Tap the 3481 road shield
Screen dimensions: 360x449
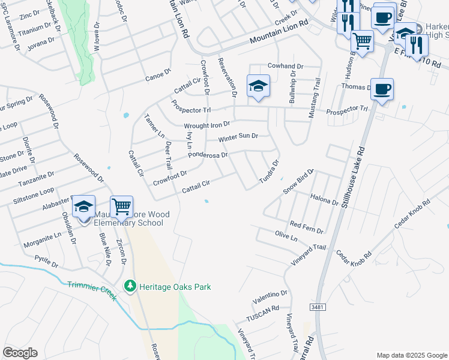click(x=318, y=307)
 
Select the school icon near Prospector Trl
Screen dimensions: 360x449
click(x=258, y=87)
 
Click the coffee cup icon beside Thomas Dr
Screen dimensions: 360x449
click(x=382, y=91)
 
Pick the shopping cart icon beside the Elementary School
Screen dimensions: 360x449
click(x=121, y=207)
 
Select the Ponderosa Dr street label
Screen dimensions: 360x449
click(x=208, y=155)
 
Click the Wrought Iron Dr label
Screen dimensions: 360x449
click(x=207, y=125)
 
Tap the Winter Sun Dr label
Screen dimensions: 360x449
click(x=238, y=137)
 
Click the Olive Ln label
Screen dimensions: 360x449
click(x=286, y=235)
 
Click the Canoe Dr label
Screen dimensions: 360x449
click(x=158, y=76)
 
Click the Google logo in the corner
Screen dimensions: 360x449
click(x=20, y=353)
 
